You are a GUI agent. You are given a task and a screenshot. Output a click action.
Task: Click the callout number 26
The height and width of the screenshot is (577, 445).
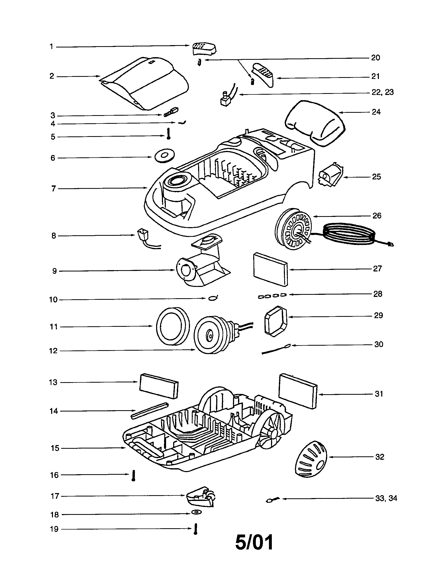tap(377, 216)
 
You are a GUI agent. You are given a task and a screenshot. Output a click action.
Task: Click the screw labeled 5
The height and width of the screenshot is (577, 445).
tap(168, 133)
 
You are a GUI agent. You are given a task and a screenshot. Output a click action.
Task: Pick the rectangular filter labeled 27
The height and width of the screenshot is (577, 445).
tap(270, 269)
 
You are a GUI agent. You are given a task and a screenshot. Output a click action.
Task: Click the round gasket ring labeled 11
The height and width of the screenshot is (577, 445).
tap(173, 327)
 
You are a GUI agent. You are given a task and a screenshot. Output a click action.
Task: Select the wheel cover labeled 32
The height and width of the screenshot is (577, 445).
tap(311, 459)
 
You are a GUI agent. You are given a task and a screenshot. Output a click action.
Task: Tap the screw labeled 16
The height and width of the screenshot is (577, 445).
tap(134, 476)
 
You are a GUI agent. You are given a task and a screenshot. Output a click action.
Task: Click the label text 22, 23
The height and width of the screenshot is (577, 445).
tap(382, 92)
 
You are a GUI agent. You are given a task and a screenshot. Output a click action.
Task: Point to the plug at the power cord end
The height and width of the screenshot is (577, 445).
tap(391, 245)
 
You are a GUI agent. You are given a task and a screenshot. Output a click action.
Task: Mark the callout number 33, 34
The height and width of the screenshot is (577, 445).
tap(386, 498)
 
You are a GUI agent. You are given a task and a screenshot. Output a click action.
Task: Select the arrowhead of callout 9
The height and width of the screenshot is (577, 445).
tap(174, 270)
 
